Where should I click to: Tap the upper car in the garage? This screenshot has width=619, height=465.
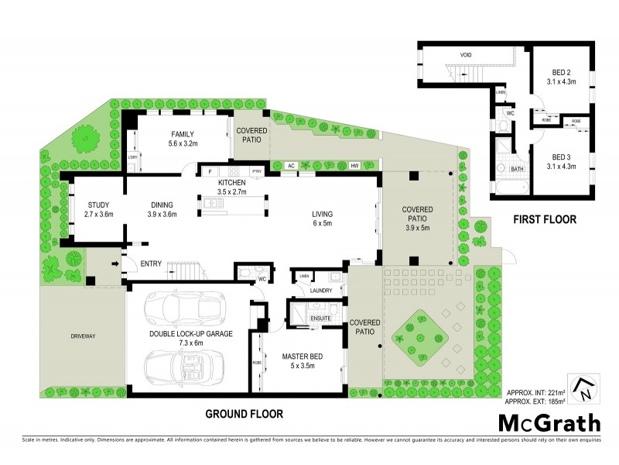(184, 308)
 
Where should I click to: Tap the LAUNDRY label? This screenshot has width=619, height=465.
(321, 291)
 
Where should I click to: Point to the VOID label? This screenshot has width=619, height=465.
(466, 55)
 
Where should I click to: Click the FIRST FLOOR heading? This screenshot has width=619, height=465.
(545, 219)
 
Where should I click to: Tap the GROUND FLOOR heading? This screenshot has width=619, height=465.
(244, 413)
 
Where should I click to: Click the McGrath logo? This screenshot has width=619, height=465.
(549, 422)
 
